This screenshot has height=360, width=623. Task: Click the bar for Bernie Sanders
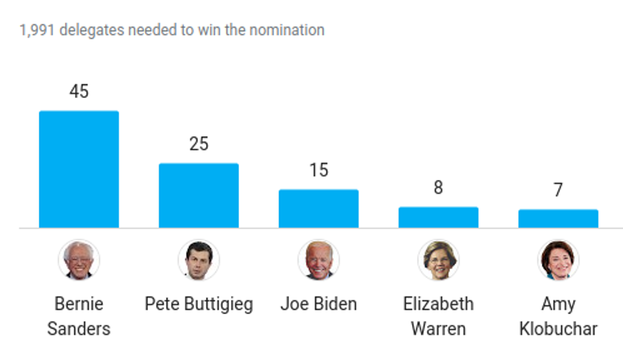(79, 169)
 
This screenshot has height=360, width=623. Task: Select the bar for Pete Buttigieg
(198, 195)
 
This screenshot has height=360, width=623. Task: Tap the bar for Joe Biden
(318, 209)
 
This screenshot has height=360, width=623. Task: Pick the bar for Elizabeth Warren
(438, 218)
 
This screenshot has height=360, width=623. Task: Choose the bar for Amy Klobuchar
(558, 219)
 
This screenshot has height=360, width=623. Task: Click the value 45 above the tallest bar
(79, 92)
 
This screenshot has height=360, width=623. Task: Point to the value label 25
(198, 144)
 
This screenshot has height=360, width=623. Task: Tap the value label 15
(318, 170)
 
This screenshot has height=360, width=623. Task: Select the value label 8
(438, 188)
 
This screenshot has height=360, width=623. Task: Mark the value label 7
(558, 190)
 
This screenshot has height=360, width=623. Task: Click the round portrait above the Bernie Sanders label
(79, 260)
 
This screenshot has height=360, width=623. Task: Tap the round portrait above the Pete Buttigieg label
(198, 260)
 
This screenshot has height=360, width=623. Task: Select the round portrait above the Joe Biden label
(318, 260)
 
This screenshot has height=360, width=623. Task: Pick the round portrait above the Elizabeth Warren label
(438, 260)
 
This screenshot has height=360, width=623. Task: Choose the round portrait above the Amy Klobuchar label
(558, 260)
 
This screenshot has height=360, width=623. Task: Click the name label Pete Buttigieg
(198, 304)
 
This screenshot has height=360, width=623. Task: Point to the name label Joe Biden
(318, 304)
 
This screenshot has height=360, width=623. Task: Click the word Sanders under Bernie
(79, 329)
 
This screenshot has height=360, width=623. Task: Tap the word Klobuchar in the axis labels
(558, 329)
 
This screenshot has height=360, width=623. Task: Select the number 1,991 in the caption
(38, 30)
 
